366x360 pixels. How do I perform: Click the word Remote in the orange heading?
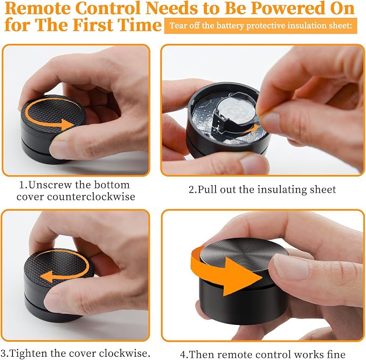[38, 8]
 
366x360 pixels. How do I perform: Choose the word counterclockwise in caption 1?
[91, 196]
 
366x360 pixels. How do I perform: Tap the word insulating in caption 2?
[282, 189]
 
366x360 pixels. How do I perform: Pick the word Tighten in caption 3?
[29, 353]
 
